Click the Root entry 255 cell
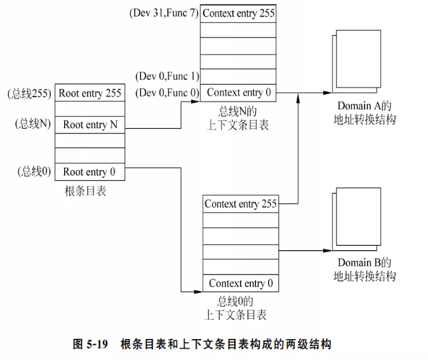click(90, 93)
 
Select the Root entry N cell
click(90, 124)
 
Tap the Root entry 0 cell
click(90, 172)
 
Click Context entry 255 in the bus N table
click(239, 13)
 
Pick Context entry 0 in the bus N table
click(239, 93)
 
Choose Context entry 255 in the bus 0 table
click(241, 204)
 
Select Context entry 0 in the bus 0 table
click(241, 283)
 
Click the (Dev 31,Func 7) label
click(164, 13)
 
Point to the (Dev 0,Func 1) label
click(167, 77)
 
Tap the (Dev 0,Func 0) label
click(167, 93)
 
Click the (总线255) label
click(29, 93)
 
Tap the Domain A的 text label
click(364, 105)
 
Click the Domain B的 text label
click(364, 263)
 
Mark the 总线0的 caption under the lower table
click(236, 301)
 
